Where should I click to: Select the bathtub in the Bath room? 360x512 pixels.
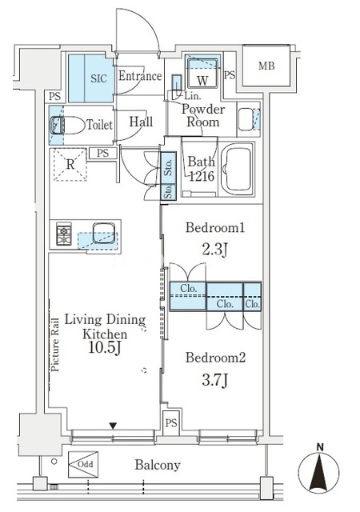click(x=238, y=169)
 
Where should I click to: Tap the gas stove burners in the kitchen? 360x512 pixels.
click(x=64, y=234)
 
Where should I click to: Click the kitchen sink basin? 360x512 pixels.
click(x=104, y=233)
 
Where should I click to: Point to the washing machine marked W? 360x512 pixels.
click(x=202, y=73)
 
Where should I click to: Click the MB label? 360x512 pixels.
click(x=266, y=66)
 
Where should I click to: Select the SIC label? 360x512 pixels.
click(x=98, y=78)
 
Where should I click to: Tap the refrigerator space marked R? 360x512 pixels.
click(x=70, y=164)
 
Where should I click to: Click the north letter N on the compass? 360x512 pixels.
click(x=321, y=447)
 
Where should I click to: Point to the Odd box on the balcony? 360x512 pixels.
click(x=83, y=464)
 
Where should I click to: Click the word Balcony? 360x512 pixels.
click(x=158, y=465)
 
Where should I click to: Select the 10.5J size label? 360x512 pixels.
click(x=105, y=349)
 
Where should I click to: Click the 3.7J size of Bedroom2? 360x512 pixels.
click(x=215, y=381)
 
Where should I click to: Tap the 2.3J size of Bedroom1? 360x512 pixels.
click(x=214, y=250)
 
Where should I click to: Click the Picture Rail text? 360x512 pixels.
click(x=55, y=345)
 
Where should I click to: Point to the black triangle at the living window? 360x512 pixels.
click(x=113, y=426)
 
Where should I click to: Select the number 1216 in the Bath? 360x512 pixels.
click(x=202, y=176)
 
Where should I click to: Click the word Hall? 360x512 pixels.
click(x=141, y=122)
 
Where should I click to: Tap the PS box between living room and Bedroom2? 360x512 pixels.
click(x=171, y=423)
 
